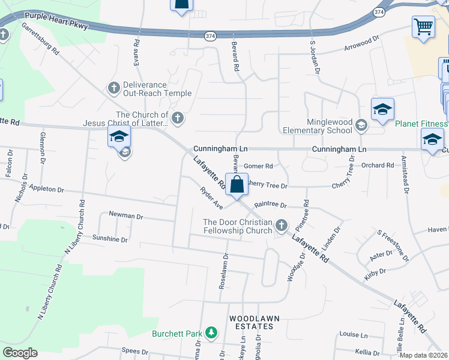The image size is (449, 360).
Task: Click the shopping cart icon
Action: click(x=423, y=27)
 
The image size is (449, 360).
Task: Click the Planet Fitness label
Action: click(x=421, y=124)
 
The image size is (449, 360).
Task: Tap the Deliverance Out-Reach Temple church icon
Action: click(x=113, y=89)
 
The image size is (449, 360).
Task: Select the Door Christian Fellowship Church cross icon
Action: click(x=282, y=226)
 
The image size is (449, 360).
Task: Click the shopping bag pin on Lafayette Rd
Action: click(x=237, y=185)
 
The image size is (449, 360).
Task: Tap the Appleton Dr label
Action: click(x=44, y=189)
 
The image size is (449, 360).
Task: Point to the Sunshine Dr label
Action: click(x=110, y=239)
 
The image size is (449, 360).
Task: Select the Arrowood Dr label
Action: click(x=362, y=43)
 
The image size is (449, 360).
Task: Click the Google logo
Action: click(x=20, y=353)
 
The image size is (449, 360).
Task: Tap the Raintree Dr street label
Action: click(x=271, y=205)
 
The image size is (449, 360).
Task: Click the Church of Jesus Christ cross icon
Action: click(x=177, y=118)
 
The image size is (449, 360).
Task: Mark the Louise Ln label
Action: click(x=353, y=335)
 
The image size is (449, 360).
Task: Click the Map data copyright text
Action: click(x=423, y=355)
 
